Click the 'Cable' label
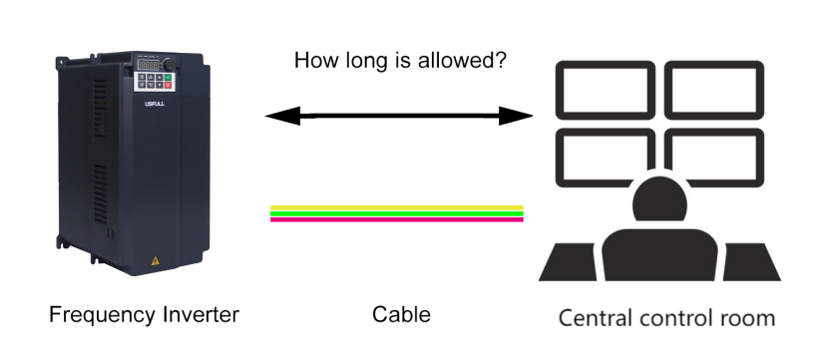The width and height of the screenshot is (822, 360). point(401,315)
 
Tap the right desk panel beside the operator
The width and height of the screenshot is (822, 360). point(750,261)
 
